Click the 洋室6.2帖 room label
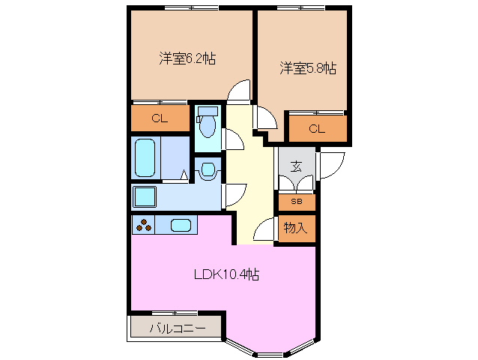[x=187, y=58]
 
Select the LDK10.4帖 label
[x=226, y=274]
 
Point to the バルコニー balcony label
[x=176, y=328]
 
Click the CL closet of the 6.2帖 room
[x=159, y=118]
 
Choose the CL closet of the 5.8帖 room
[x=317, y=129]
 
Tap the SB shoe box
[x=297, y=202]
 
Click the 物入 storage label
[x=296, y=228]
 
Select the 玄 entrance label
[x=296, y=166]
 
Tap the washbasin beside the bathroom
[x=208, y=170]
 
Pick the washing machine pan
[x=144, y=197]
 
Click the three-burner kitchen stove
[x=144, y=224]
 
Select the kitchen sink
[x=181, y=224]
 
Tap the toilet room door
[x=231, y=139]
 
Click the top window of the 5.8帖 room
[x=302, y=8]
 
